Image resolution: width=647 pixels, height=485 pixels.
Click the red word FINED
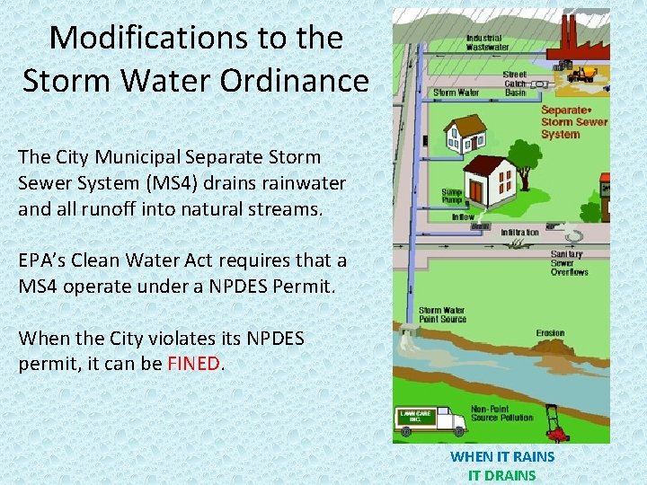[194, 364]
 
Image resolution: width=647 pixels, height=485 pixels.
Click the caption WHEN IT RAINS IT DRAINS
[502, 465]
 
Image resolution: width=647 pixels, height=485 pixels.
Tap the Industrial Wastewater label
[487, 42]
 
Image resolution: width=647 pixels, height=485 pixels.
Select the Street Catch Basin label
[515, 84]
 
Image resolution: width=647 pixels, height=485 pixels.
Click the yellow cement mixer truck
[584, 75]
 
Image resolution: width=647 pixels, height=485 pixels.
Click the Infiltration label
[519, 232]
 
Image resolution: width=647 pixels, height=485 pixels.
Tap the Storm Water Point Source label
[441, 314]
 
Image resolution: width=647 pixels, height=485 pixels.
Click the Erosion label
[549, 332]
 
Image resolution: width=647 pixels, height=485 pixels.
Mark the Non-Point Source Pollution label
[501, 413]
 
